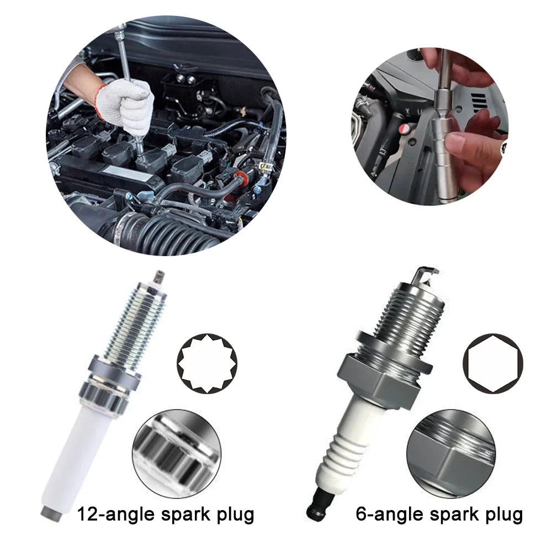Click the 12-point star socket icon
coord(206,363)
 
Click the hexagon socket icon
coord(492,363)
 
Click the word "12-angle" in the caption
coord(113,514)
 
